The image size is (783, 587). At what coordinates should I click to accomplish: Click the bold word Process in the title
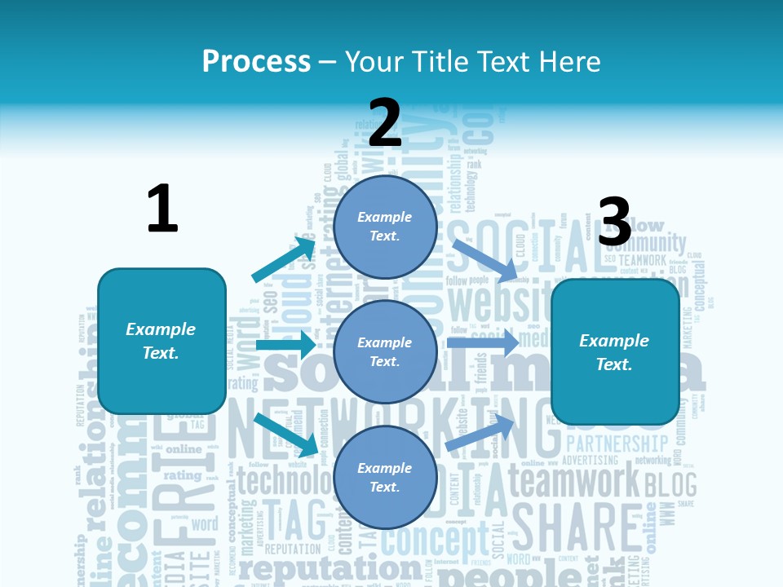click(256, 61)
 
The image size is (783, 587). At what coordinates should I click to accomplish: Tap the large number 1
click(162, 209)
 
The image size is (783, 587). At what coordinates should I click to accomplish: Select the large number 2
click(385, 122)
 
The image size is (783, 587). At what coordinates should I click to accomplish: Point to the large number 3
click(614, 222)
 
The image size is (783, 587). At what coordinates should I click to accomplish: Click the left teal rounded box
click(161, 341)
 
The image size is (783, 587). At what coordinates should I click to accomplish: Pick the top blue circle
click(385, 227)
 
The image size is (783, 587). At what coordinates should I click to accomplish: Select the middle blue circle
click(385, 351)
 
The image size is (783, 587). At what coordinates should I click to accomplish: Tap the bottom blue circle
click(385, 477)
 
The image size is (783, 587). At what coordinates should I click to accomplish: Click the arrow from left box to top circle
click(284, 258)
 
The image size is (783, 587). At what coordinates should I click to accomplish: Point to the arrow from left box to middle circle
click(285, 345)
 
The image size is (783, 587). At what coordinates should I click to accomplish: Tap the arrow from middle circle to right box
click(483, 343)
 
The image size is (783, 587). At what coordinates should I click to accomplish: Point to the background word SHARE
click(575, 528)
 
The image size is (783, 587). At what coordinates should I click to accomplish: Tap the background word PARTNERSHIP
click(617, 444)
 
